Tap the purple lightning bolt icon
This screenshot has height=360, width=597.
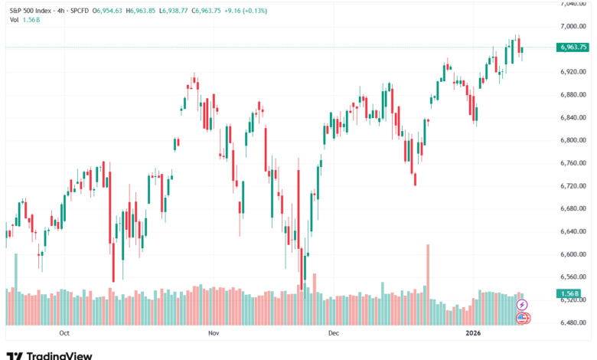click(x=523, y=304)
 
